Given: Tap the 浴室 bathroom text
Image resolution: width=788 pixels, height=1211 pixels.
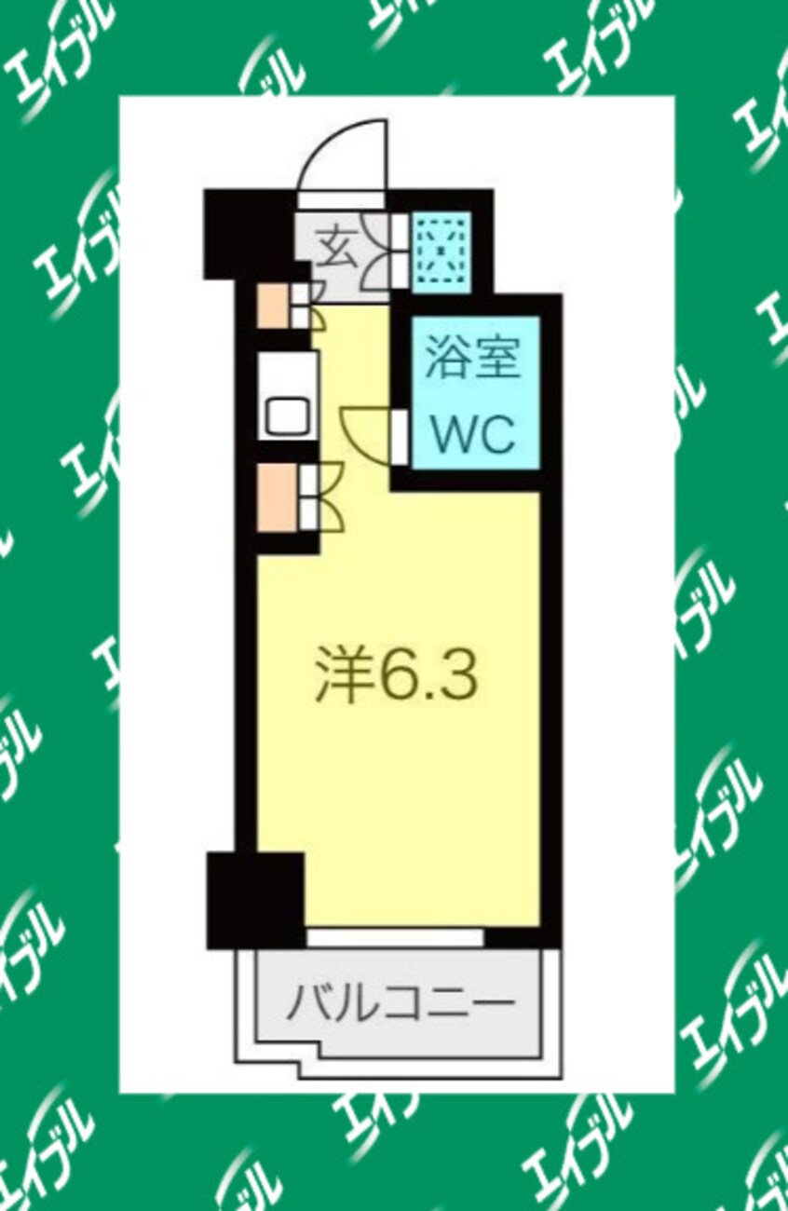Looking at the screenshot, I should click(472, 361).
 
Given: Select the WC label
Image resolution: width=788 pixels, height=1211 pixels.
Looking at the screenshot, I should click(472, 433).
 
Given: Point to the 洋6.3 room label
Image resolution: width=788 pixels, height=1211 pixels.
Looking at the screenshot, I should click(396, 674).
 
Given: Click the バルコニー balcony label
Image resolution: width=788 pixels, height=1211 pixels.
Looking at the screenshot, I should click(400, 1003).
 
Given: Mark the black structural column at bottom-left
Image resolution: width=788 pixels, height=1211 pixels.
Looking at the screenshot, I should click(254, 899).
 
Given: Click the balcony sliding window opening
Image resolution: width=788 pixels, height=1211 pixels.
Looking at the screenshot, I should click(395, 937).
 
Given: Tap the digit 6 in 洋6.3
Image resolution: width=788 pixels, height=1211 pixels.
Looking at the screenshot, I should click(401, 674).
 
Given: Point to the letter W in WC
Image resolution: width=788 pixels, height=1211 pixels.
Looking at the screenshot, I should click(452, 433).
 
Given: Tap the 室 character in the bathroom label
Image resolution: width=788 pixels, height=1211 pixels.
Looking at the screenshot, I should click(495, 361).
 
